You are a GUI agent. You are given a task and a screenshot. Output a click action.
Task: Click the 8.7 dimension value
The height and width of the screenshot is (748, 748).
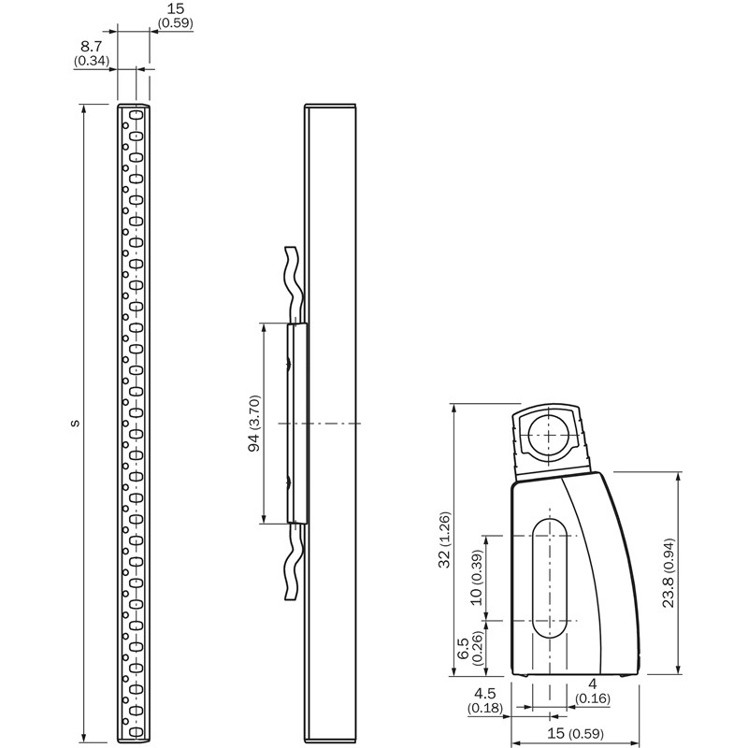(x=91, y=46)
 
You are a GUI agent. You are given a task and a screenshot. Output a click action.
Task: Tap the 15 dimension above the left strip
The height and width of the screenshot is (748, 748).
(x=176, y=8)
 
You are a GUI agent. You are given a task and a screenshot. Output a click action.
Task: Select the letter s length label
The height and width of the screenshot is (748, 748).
(x=75, y=423)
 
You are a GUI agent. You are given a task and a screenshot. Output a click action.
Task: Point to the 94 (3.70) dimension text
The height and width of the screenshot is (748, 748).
(x=254, y=424)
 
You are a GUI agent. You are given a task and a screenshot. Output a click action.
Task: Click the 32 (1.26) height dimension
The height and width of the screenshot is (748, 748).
(x=444, y=539)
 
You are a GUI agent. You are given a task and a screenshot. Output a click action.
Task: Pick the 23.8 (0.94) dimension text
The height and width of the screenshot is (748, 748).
(x=669, y=572)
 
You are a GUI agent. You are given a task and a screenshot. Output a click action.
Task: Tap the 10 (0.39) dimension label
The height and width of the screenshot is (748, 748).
(x=477, y=577)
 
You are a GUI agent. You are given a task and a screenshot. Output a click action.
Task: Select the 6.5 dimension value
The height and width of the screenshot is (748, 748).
(x=463, y=648)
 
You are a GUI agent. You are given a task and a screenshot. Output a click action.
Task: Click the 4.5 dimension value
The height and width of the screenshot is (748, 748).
(x=484, y=693)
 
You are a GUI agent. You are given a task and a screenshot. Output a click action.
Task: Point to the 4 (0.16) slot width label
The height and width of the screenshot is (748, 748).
(x=593, y=691)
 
